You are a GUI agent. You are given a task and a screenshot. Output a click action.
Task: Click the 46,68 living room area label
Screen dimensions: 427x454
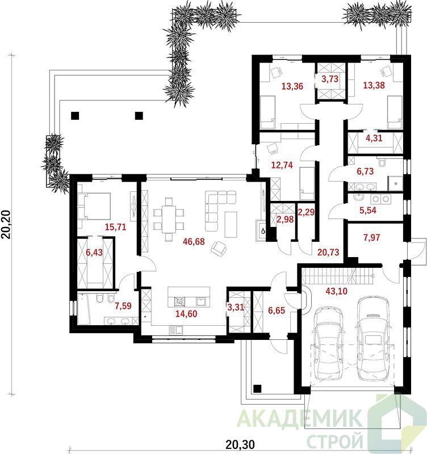(194, 241)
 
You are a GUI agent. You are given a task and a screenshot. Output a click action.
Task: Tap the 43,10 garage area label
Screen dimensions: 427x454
(336, 291)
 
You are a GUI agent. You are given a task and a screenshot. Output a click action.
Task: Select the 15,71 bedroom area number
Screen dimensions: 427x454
(116, 226)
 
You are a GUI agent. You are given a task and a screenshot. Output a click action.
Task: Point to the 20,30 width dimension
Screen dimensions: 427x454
(240, 444)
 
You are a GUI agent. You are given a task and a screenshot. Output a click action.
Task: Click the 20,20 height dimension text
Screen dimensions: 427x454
(6, 224)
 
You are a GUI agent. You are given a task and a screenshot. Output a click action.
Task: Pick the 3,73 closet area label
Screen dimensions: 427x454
(330, 79)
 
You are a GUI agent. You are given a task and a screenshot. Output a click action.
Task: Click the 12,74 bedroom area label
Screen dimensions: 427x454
(282, 165)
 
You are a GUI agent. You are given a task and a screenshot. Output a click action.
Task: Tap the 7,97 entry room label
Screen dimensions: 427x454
(372, 238)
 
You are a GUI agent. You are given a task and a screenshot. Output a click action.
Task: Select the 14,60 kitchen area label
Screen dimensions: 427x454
(186, 314)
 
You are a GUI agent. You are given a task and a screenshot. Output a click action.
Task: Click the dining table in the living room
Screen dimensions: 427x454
(169, 219)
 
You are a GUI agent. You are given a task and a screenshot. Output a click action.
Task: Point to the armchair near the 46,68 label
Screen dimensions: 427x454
(219, 249)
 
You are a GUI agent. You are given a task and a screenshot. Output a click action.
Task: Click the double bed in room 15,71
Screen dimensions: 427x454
(94, 206)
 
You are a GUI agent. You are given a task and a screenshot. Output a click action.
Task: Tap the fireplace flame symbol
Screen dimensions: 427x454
(263, 231)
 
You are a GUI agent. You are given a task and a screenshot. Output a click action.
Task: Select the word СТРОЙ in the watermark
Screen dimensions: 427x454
(334, 441)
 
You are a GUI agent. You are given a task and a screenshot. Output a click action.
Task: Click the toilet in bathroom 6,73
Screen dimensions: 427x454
(382, 163)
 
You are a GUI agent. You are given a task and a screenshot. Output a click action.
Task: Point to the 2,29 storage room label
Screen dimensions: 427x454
(306, 212)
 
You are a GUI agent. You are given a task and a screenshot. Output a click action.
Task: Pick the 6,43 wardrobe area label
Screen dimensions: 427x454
(94, 252)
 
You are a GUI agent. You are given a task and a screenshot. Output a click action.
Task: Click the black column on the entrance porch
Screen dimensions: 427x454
(257, 389)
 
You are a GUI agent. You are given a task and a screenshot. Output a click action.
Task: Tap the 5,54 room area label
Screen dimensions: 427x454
(368, 210)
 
